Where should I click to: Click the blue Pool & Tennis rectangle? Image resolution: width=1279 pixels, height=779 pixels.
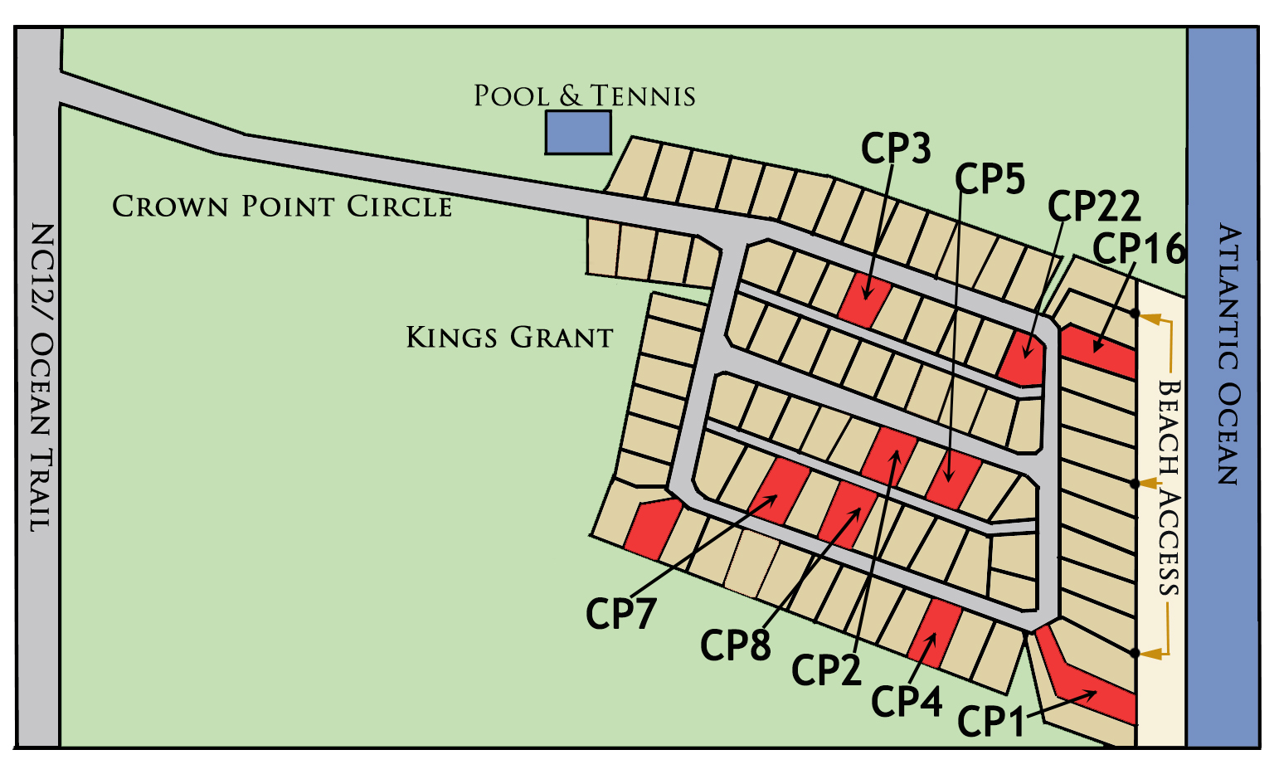[578, 133]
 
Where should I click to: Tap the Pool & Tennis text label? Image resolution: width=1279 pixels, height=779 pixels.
[584, 96]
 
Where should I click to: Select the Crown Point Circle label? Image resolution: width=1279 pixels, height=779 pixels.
[282, 206]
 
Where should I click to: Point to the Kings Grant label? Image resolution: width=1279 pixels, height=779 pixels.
[509, 338]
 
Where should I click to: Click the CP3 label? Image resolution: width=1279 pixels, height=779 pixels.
[896, 149]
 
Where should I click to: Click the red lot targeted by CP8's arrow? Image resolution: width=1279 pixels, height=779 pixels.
[847, 513]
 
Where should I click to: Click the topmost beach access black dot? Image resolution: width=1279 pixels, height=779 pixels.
[1136, 314]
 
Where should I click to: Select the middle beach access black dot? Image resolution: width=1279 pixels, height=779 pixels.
[1136, 483]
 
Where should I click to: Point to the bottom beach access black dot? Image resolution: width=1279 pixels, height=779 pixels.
[1136, 652]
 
